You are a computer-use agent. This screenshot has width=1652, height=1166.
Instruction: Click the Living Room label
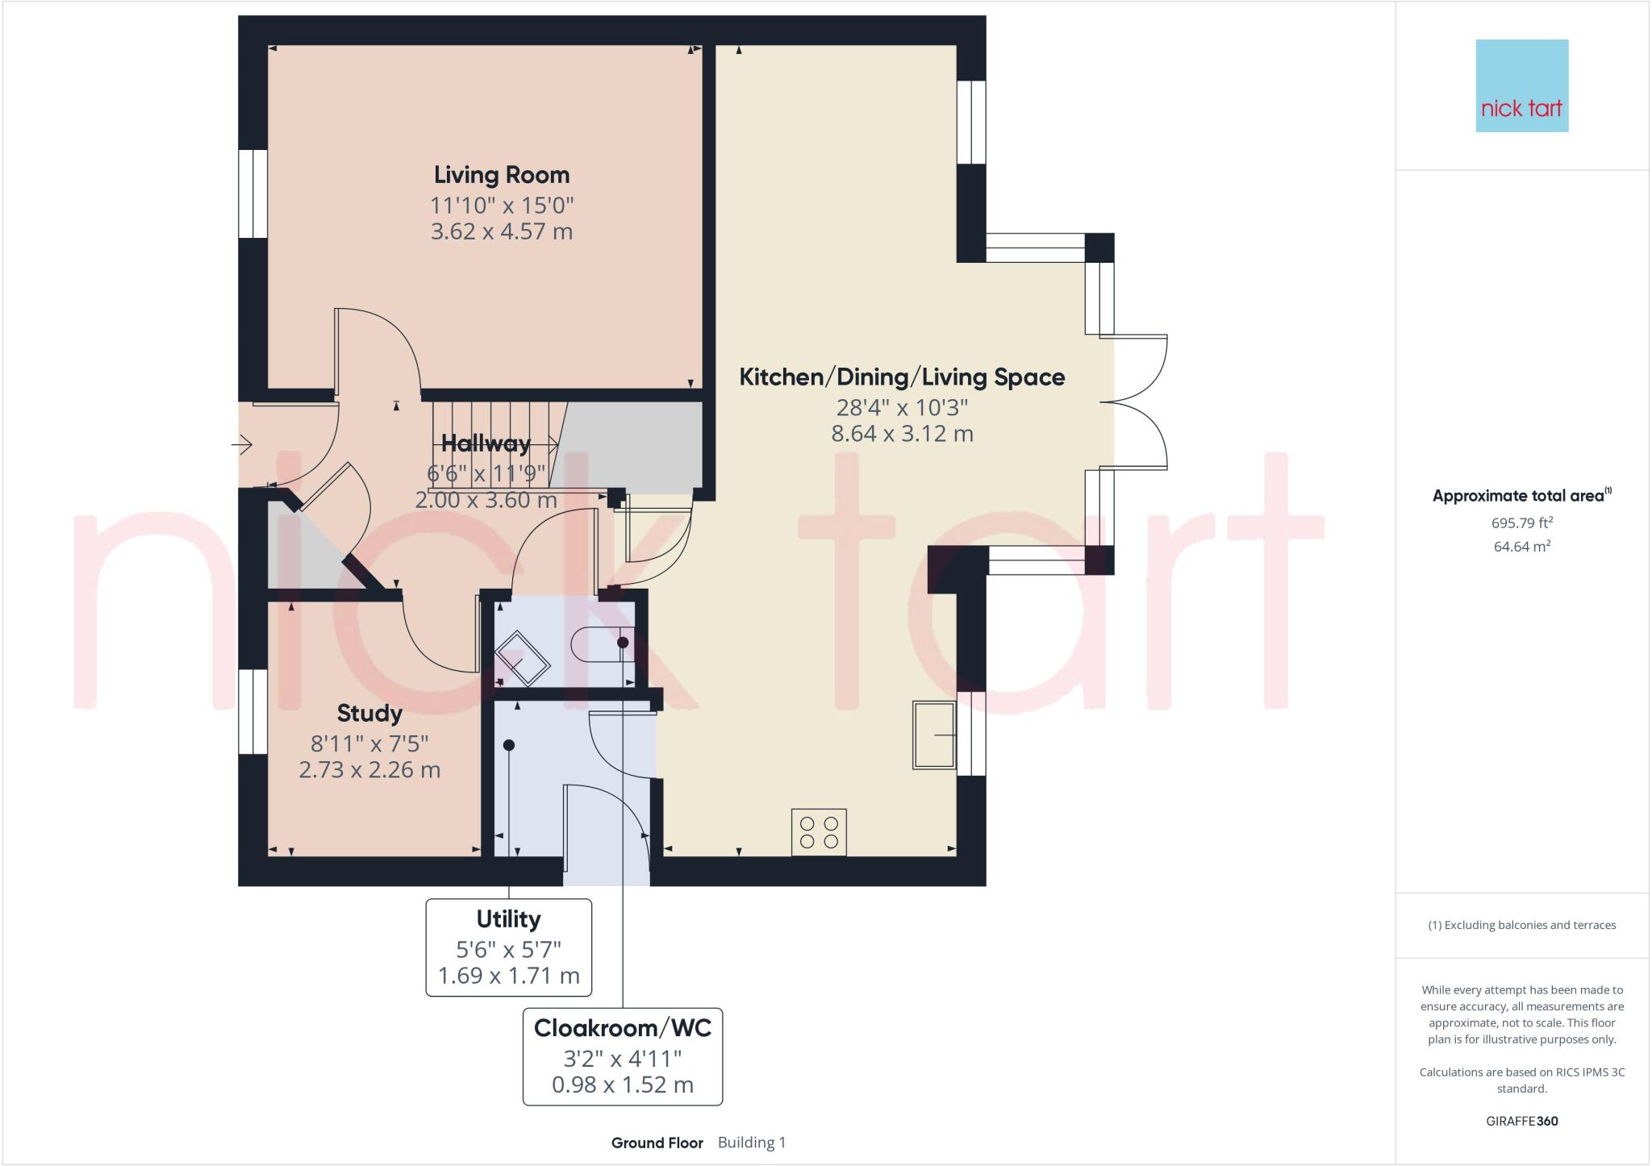(x=502, y=175)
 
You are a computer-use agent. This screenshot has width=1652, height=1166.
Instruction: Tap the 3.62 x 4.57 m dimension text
(x=502, y=232)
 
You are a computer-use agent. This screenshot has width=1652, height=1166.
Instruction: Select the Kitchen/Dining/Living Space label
(x=902, y=377)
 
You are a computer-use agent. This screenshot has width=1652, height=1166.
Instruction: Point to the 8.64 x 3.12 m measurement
(x=902, y=434)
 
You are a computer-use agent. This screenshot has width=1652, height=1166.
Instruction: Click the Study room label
(x=369, y=714)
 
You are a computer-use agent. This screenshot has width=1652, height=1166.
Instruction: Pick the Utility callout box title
(x=508, y=919)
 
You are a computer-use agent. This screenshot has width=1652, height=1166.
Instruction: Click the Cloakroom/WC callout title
(x=623, y=1028)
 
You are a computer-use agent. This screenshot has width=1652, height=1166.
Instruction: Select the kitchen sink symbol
(x=934, y=735)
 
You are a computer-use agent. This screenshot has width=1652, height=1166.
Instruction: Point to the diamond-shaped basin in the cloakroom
(x=522, y=659)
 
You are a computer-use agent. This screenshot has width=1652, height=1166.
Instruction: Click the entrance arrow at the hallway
(x=243, y=444)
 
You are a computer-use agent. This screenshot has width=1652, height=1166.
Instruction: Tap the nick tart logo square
(x=1521, y=85)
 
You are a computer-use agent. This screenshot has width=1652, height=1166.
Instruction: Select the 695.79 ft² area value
(x=1521, y=523)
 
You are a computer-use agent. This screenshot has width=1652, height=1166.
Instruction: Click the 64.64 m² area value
(x=1521, y=547)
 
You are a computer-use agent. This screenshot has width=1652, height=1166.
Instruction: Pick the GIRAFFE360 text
(x=1521, y=1121)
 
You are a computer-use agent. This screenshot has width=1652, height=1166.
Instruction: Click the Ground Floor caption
(x=657, y=1143)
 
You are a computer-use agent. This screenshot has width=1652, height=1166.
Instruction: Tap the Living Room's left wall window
(x=252, y=194)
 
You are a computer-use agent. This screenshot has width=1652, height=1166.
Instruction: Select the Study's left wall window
(x=252, y=712)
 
